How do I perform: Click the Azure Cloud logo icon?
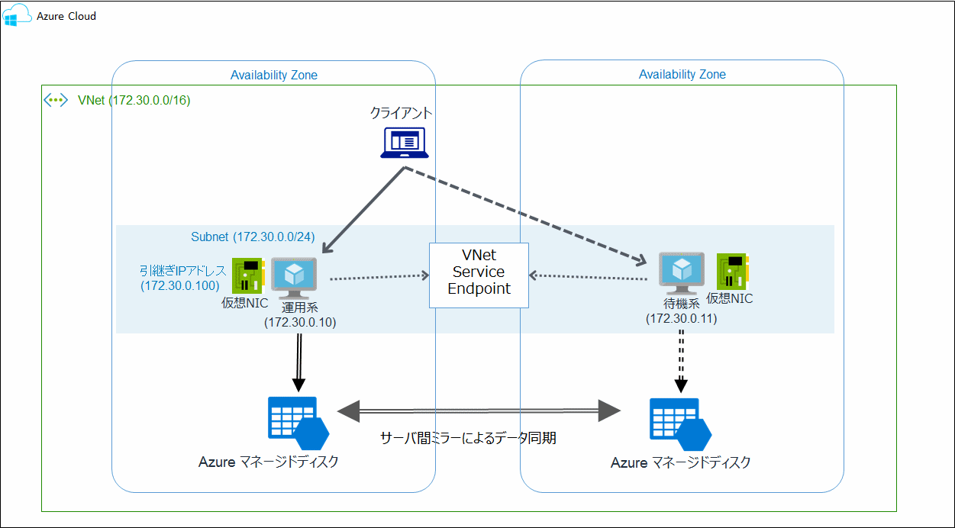pyautogui.click(x=17, y=15)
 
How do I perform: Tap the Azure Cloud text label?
pyautogui.click(x=66, y=16)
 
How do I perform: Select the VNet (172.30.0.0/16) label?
pyautogui.click(x=134, y=100)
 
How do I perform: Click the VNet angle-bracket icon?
pyautogui.click(x=56, y=100)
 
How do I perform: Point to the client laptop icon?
pyautogui.click(x=405, y=143)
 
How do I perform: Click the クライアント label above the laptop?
pyautogui.click(x=401, y=113)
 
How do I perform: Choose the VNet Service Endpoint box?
pyautogui.click(x=479, y=275)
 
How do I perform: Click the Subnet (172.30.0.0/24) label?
pyautogui.click(x=253, y=237)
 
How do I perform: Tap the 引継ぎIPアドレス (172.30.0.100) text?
pyautogui.click(x=182, y=278)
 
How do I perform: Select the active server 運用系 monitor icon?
pyautogui.click(x=294, y=278)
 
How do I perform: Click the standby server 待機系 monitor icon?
pyautogui.click(x=681, y=273)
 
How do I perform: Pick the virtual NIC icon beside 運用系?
pyautogui.click(x=248, y=275)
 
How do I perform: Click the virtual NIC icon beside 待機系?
pyautogui.click(x=733, y=272)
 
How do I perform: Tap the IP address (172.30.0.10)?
pyautogui.click(x=300, y=322)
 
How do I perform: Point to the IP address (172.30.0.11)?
pyautogui.click(x=681, y=319)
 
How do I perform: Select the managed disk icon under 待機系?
pyautogui.click(x=680, y=424)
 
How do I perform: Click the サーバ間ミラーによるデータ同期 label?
pyautogui.click(x=468, y=438)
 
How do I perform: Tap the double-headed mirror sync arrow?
pyautogui.click(x=479, y=411)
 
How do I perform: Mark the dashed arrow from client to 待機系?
pyautogui.click(x=525, y=214)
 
